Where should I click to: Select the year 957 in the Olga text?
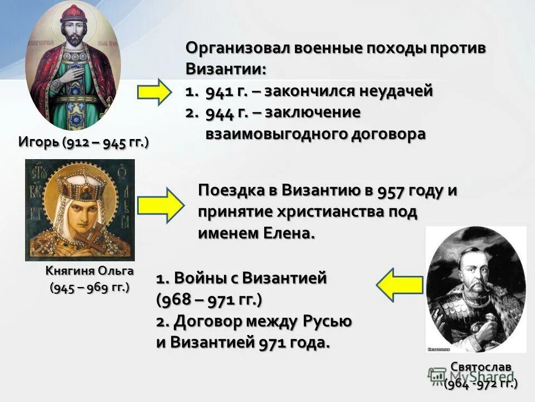378,190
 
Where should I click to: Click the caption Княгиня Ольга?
89,271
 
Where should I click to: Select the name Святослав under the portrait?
480,367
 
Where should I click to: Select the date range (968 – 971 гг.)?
208,299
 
